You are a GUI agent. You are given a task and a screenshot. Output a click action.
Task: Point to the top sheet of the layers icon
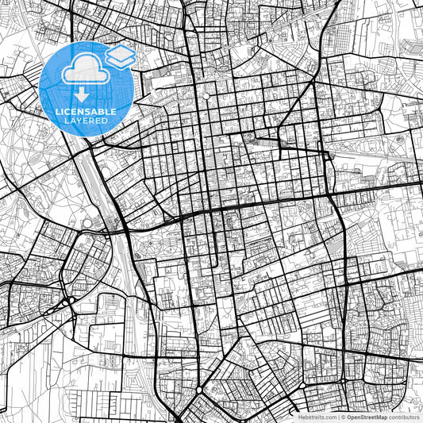(x=120, y=51)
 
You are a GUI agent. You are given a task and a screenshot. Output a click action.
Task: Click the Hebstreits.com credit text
(x=317, y=417)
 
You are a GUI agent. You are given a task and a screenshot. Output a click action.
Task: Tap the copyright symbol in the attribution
(x=343, y=417)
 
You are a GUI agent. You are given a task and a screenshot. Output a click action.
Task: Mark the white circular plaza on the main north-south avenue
(x=206, y=96)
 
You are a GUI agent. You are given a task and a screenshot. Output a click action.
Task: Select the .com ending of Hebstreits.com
(x=329, y=417)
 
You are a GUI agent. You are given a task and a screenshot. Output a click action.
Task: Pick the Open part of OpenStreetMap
(x=354, y=417)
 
